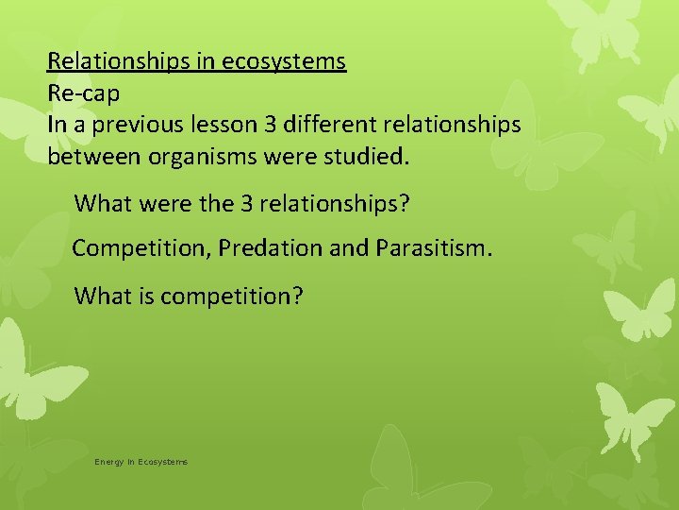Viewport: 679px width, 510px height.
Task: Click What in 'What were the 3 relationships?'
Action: pos(101,203)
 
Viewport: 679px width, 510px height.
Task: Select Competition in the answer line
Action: pos(141,248)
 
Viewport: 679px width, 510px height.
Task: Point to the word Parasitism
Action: pos(433,248)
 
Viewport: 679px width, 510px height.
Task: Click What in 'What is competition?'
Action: pos(101,297)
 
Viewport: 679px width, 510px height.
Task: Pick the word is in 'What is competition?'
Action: pos(146,297)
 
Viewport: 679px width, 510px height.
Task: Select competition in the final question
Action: pos(232,297)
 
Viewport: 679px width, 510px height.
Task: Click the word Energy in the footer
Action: pos(108,462)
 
